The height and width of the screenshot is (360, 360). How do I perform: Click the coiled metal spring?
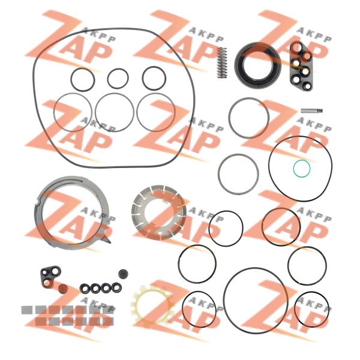pyautogui.click(x=222, y=62)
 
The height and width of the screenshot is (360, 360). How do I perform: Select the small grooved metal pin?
pyautogui.click(x=311, y=111)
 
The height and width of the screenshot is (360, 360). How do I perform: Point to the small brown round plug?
pyautogui.click(x=62, y=289)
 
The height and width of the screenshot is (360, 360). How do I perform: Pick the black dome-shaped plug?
pyautogui.click(x=123, y=274)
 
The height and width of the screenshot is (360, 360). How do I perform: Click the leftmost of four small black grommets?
pyautogui.click(x=85, y=289)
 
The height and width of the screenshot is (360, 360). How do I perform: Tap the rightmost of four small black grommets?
pyautogui.click(x=116, y=287)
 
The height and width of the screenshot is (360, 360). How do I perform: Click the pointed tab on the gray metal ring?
pyautogui.click(x=107, y=239)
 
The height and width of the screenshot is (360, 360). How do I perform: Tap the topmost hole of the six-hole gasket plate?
pyautogui.click(x=297, y=47)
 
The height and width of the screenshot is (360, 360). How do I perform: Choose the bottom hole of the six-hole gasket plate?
pyautogui.click(x=307, y=86)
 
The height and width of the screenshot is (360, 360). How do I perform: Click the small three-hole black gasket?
pyautogui.click(x=49, y=277)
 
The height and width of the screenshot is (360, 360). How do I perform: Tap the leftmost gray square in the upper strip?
pyautogui.click(x=26, y=310)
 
